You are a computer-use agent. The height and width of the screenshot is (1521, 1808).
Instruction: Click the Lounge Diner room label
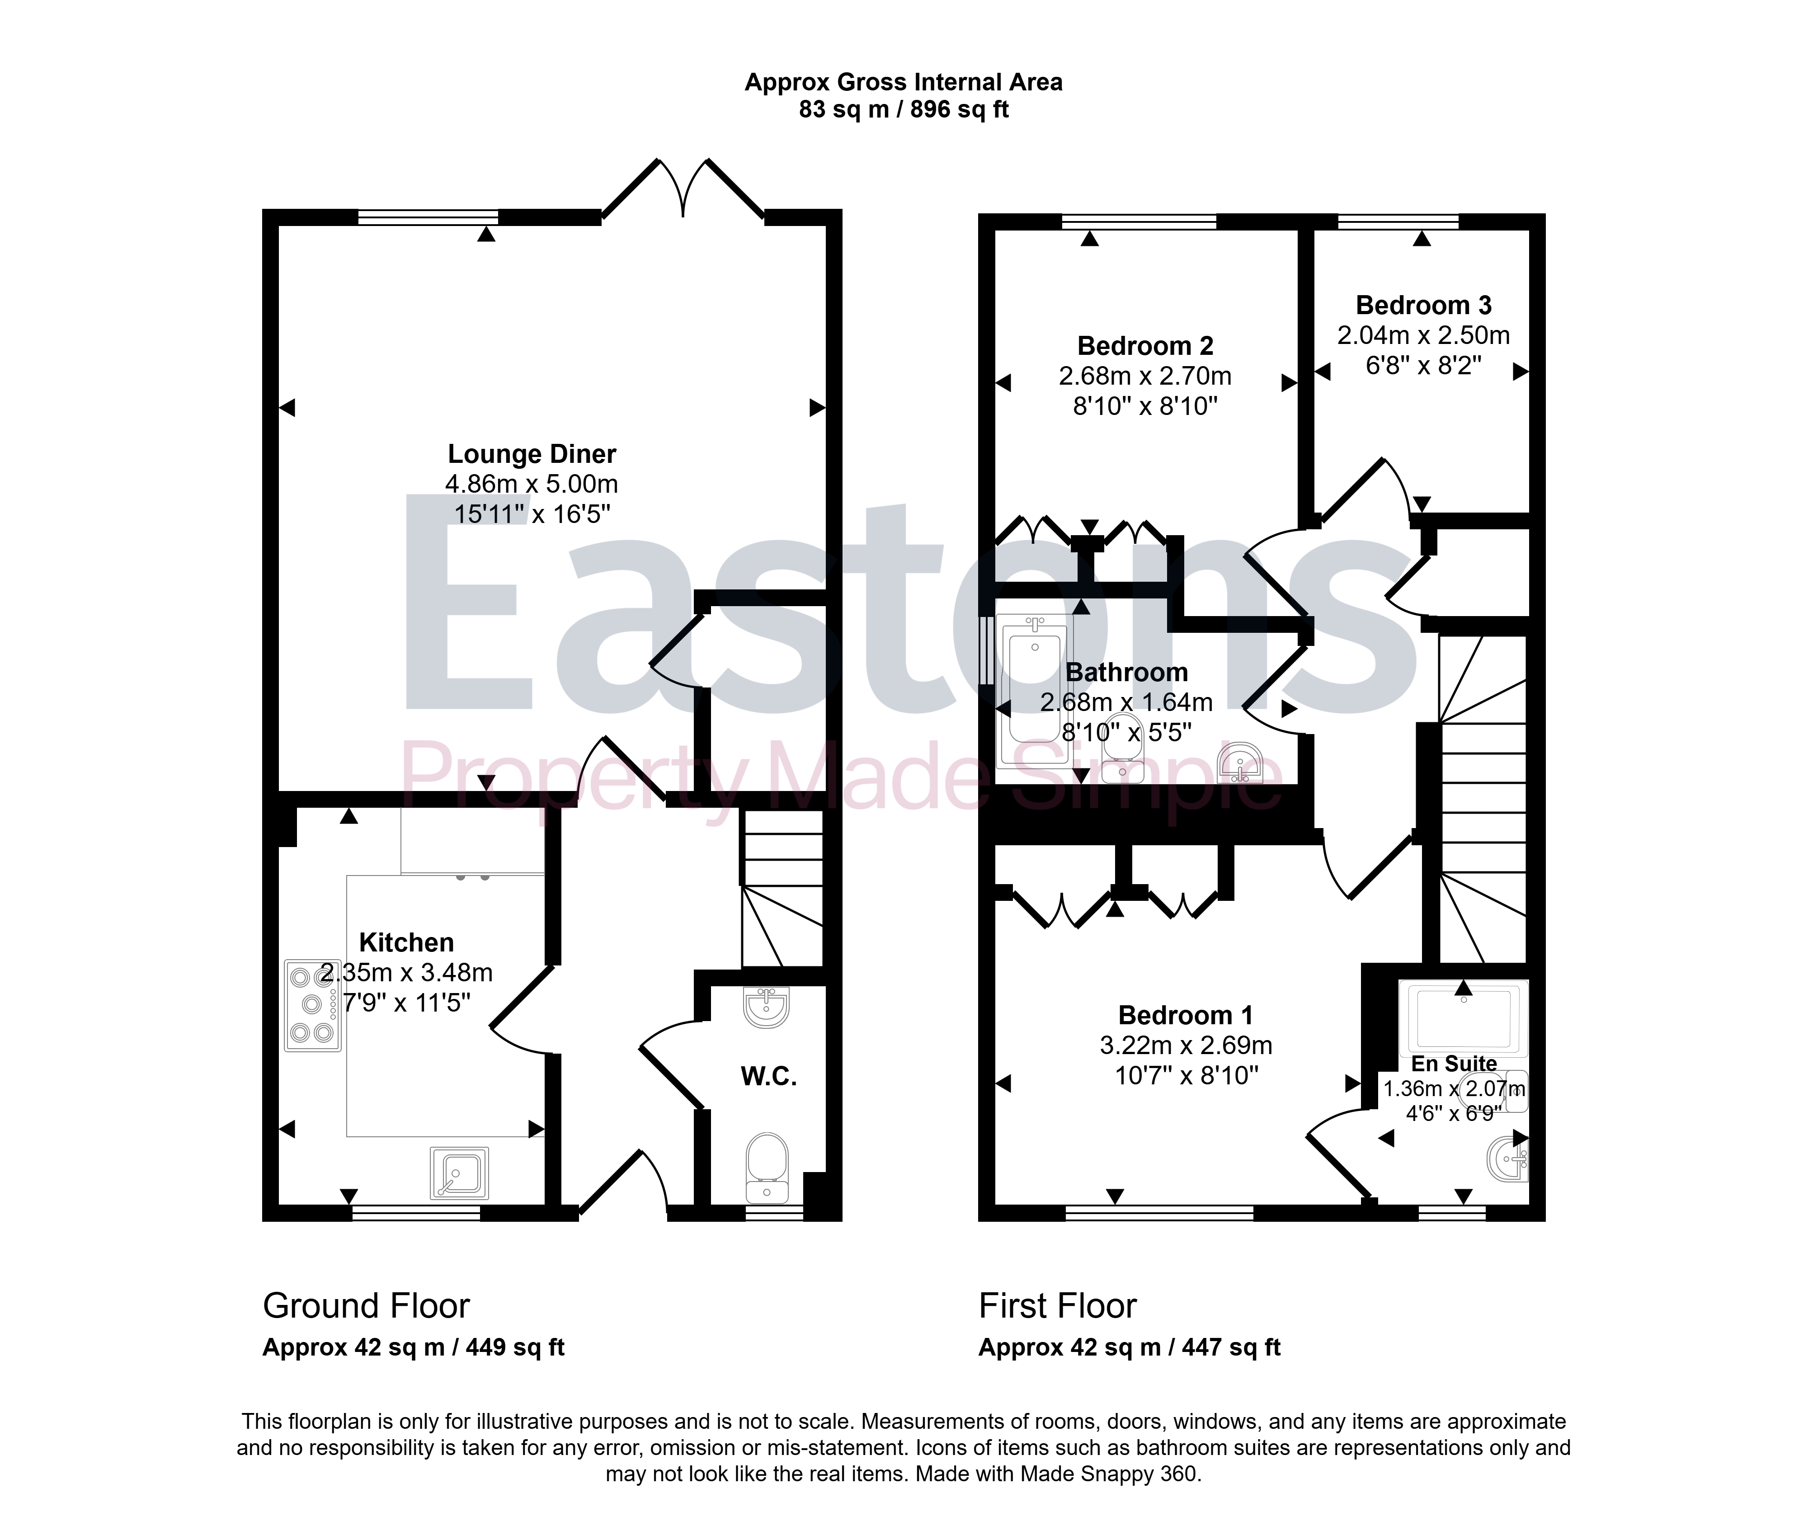[x=532, y=454]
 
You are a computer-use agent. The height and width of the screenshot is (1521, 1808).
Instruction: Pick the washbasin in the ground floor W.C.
[x=766, y=1007]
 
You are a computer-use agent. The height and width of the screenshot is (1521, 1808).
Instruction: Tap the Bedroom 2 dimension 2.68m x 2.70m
[x=1145, y=377]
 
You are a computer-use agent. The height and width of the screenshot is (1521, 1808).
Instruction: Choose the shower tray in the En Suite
[x=1463, y=1017]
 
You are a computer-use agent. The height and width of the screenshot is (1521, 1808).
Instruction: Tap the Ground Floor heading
[x=367, y=1306]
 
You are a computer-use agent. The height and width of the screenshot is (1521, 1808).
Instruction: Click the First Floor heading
[x=1058, y=1306]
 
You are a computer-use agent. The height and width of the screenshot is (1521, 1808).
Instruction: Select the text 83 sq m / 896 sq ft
[x=904, y=109]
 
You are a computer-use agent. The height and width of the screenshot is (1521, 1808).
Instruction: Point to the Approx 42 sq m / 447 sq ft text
[x=1130, y=1348]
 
